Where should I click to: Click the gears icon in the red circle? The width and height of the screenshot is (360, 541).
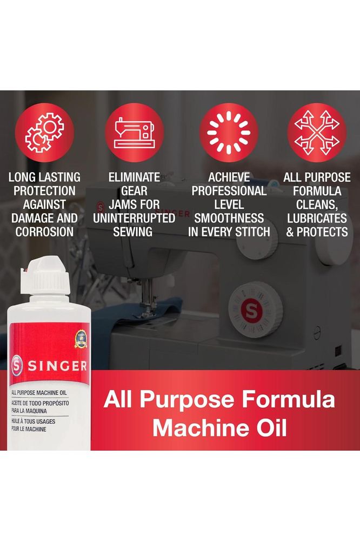(x=44, y=133)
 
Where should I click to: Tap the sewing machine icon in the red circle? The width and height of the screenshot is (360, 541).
(x=134, y=133)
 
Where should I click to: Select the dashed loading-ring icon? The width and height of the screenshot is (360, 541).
(x=229, y=133)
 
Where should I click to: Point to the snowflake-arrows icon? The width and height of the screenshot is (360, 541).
(x=317, y=133)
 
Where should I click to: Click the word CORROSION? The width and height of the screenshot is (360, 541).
(x=44, y=232)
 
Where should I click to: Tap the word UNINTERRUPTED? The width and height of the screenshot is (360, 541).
(x=134, y=218)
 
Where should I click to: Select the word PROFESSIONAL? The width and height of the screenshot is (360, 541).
(x=229, y=191)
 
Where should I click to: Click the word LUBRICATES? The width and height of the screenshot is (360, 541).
(x=317, y=218)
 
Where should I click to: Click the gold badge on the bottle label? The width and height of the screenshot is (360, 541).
(x=81, y=340)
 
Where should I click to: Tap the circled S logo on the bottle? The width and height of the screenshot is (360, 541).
(x=17, y=366)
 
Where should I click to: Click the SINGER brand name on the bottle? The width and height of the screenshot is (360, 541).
(x=57, y=366)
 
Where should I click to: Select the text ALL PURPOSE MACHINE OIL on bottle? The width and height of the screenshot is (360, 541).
(x=39, y=393)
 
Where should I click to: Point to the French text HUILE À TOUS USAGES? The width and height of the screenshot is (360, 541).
(x=33, y=421)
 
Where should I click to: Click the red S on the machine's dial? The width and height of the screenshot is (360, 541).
(x=251, y=310)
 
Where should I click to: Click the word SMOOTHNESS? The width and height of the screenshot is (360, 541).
(x=229, y=218)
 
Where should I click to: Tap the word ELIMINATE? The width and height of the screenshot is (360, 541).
(x=134, y=177)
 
